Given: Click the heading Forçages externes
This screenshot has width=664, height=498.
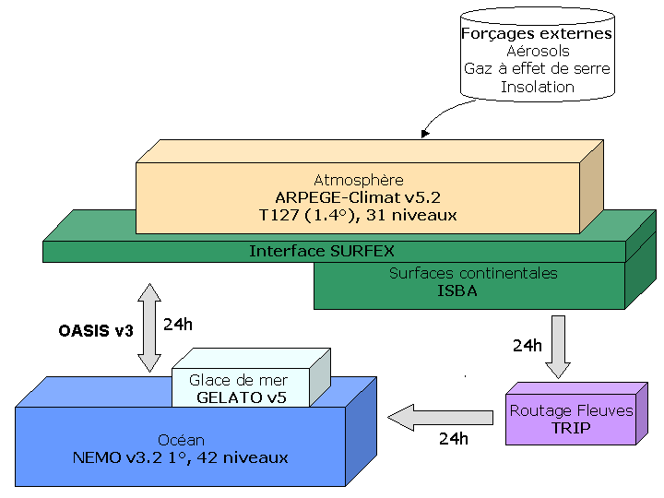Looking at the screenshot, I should coord(537,34).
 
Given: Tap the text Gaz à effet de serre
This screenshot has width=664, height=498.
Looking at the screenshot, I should coord(537,69).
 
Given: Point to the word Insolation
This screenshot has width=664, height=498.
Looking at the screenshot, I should coord(538,87).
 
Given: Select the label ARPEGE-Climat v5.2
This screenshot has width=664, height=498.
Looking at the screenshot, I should coord(359,197).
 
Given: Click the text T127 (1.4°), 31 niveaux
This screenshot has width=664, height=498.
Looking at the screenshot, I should coord(359,215).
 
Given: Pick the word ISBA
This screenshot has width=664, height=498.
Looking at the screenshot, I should coord(473,290).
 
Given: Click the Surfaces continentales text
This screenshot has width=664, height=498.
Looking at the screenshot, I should coord(473,273).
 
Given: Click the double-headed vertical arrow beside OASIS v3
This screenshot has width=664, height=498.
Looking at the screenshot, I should coord(147,328).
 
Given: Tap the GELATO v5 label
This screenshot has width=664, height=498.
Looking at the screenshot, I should coord(238,397).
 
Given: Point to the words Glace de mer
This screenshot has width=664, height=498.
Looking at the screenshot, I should coord(238,380).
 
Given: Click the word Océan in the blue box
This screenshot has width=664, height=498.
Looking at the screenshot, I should coord(180,440).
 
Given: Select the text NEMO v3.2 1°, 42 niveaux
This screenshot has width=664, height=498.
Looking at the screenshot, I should coord(180,457).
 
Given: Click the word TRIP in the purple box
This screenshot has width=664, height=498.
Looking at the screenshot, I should coord(571,429).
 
